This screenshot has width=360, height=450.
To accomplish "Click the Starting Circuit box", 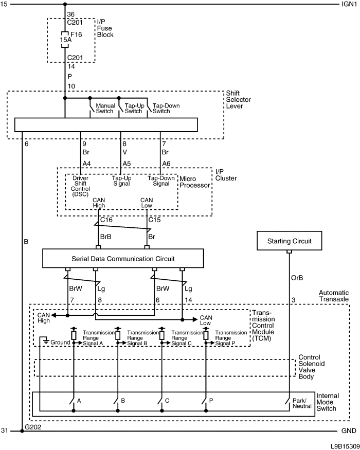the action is tap(289, 241).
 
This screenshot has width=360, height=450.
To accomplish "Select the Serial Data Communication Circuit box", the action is tap(123, 258).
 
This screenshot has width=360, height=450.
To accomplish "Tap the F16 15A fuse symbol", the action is tap(65, 39).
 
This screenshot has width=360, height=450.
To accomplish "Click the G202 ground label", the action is tap(33, 427).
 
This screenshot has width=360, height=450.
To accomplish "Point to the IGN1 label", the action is tap(349, 4).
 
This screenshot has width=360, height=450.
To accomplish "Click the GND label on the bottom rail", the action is tap(349, 431).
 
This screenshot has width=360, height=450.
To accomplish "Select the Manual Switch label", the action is tap(105, 108).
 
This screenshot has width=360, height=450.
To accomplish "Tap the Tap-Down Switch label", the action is tap(166, 108).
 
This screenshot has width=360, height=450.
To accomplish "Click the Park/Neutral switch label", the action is tap(302, 403).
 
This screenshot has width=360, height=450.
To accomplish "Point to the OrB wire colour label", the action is tap(297, 278).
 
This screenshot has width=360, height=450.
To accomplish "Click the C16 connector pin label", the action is tap(106, 220).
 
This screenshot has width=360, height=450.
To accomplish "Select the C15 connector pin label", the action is tap(154, 220).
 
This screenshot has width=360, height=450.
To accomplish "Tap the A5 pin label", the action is tap(127, 164).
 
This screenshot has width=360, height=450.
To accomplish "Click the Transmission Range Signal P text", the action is tap(231, 338).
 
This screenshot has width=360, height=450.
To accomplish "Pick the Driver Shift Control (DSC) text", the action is tap(80, 186).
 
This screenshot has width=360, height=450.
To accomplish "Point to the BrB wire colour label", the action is tap(105, 237).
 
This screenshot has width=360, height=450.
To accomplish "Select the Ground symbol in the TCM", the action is tap(45, 341).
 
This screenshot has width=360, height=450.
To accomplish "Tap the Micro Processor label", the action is tap(194, 182).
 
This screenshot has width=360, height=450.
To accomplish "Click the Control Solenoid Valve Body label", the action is tap(312, 367).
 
